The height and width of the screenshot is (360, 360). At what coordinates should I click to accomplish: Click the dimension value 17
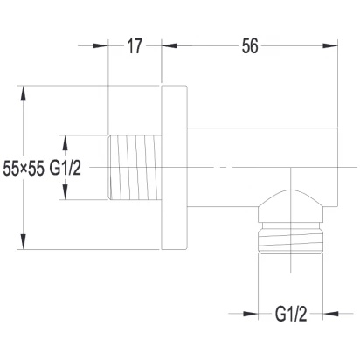point(135,46)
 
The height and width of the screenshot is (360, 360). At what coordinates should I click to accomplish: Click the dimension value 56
point(250,46)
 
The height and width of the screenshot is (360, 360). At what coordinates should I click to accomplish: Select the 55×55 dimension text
point(24,169)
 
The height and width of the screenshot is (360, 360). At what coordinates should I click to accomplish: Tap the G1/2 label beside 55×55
point(66,168)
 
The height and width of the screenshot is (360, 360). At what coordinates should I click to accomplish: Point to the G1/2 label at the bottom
point(291,315)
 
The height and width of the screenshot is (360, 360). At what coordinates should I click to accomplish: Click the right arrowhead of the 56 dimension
point(330,45)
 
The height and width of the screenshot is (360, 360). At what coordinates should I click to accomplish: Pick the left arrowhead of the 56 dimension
point(170,45)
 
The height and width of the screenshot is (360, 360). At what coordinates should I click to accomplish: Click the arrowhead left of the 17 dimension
point(100,45)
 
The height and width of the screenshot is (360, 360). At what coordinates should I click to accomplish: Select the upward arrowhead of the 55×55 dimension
point(24,93)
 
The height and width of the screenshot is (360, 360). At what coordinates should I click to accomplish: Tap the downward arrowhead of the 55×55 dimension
point(24,241)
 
